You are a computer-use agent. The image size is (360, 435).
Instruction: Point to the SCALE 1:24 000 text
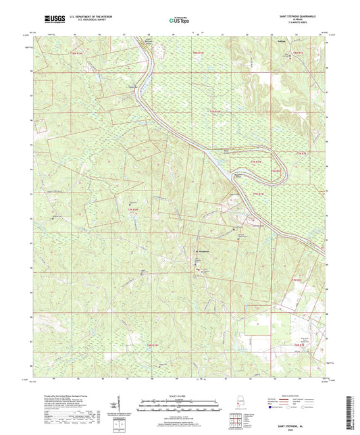click(179, 396)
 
